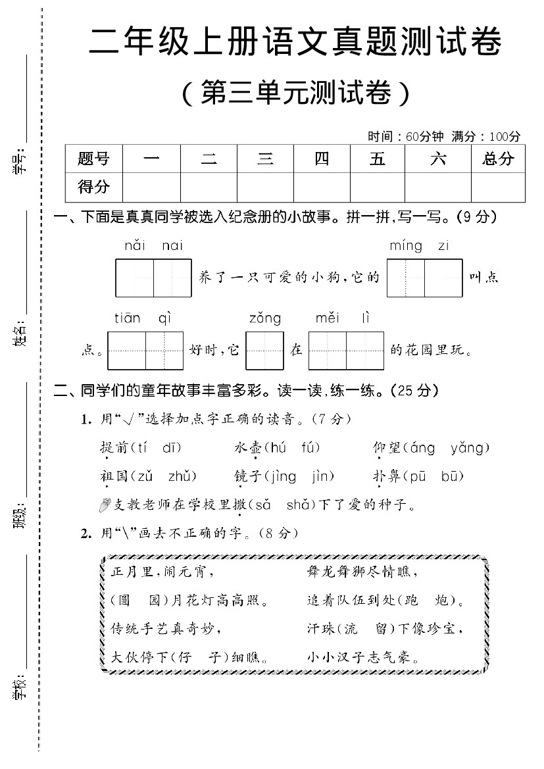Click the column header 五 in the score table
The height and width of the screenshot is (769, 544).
(x=377, y=159)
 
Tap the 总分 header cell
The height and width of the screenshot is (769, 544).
(x=498, y=159)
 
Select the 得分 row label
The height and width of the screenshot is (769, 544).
(x=93, y=187)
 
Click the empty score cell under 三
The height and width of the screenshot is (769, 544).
(x=265, y=187)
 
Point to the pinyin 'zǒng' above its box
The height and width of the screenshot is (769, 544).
(x=265, y=319)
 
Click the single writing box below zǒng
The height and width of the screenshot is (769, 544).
(x=265, y=351)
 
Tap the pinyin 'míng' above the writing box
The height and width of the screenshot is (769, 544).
(x=406, y=247)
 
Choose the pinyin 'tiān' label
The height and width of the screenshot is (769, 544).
(x=128, y=319)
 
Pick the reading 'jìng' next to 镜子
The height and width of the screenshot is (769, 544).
(x=283, y=477)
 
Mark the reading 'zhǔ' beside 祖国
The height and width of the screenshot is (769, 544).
(x=182, y=477)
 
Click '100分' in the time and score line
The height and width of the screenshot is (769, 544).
(x=505, y=137)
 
